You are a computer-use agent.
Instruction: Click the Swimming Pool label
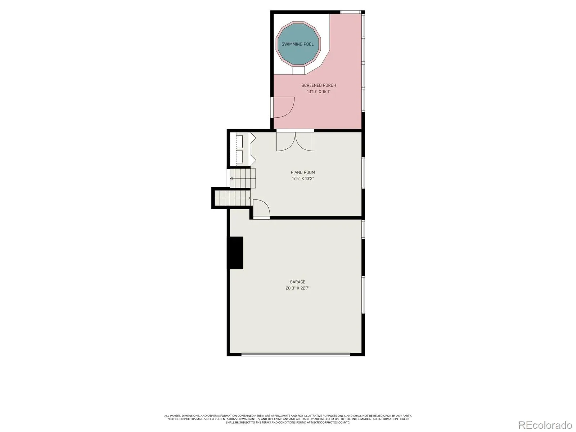(297, 44)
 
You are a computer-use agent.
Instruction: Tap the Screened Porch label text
(318, 85)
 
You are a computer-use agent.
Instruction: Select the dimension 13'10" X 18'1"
(318, 91)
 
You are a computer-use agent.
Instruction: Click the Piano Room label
(302, 172)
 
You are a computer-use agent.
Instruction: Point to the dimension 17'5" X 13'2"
(302, 179)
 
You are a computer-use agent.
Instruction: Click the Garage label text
(297, 282)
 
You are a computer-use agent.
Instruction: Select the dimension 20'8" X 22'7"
(297, 288)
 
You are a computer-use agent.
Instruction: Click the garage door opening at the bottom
(296, 354)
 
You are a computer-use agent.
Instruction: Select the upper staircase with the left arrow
(243, 178)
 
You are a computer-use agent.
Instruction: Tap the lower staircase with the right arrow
(233, 198)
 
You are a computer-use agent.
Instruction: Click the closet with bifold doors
(240, 149)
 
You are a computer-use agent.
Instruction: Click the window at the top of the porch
(351, 12)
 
